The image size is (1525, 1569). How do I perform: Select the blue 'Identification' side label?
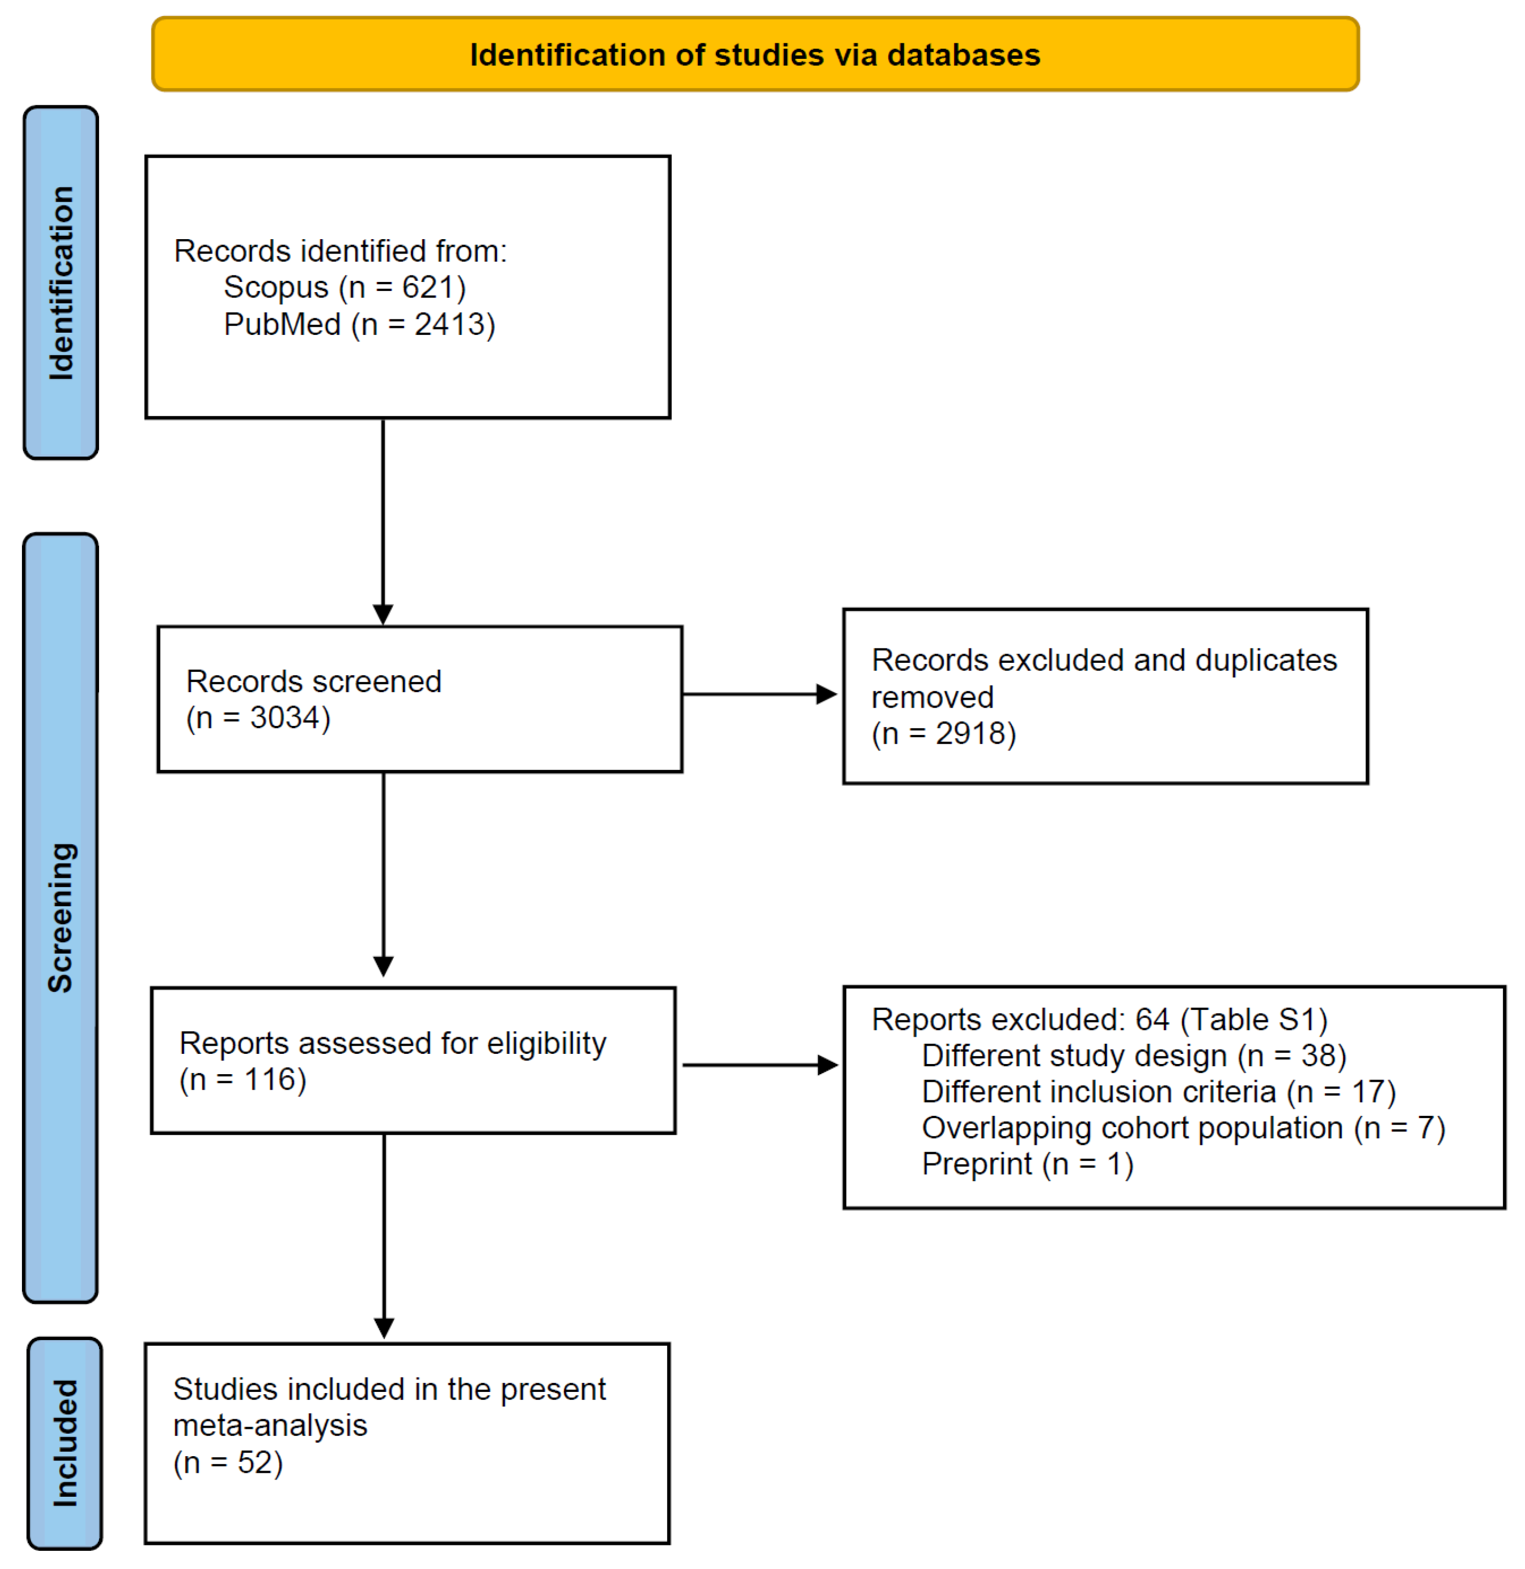[x=61, y=283]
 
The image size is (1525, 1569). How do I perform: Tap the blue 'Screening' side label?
[x=61, y=918]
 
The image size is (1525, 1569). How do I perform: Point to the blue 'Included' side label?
[x=65, y=1442]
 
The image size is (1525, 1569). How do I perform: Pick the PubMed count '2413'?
[x=449, y=324]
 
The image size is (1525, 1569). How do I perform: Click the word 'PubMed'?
[x=282, y=324]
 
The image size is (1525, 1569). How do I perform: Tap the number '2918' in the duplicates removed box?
[x=971, y=733]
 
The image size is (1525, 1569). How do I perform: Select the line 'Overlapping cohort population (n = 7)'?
[x=1184, y=1128]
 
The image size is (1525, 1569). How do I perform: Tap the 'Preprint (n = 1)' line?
[x=1027, y=1164]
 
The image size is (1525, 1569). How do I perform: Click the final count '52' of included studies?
[x=255, y=1463]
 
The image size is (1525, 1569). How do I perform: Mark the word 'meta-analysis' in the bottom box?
[x=270, y=1426]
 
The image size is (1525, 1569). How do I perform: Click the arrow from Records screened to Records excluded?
[x=759, y=694]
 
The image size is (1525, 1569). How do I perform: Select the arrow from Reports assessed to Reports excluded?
[x=760, y=1065]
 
